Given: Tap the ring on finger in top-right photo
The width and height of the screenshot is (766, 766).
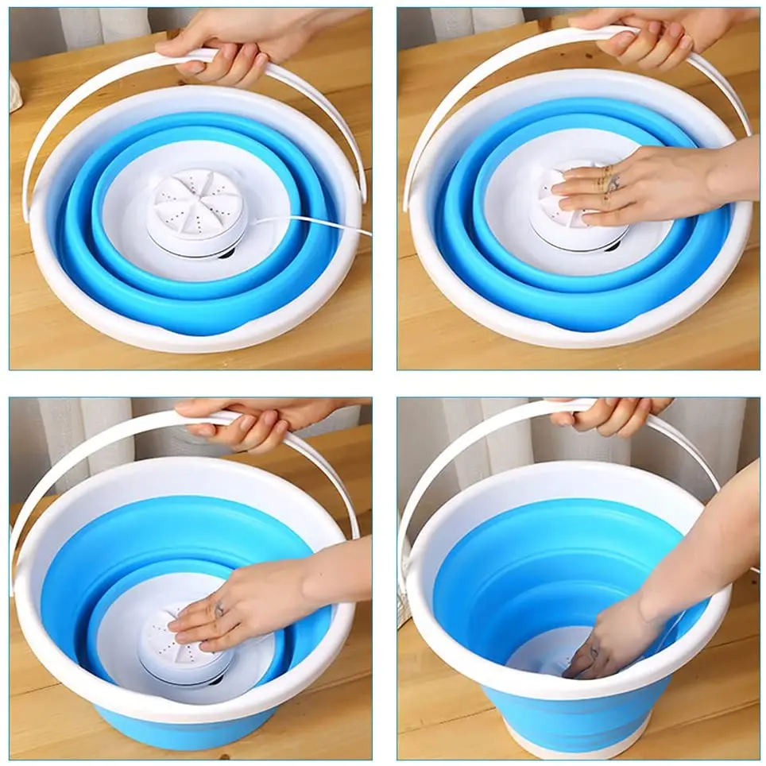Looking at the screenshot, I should pyautogui.click(x=613, y=184).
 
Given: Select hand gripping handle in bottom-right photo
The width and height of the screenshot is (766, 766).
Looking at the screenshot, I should pyautogui.click(x=612, y=415).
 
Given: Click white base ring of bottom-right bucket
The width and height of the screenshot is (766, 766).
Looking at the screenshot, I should pyautogui.click(x=572, y=743).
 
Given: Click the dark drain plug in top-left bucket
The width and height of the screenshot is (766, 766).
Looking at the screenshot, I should pyautogui.click(x=226, y=253).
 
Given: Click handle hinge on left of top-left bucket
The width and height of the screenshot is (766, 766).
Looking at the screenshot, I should pyautogui.click(x=26, y=211).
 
